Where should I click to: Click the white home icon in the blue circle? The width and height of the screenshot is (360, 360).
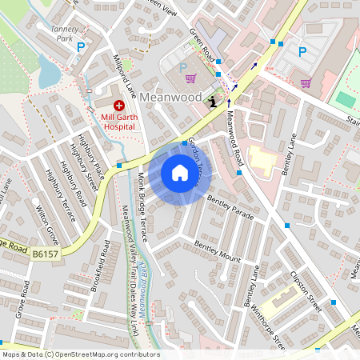point(180,173)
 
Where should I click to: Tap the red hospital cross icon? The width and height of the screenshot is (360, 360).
point(118,105)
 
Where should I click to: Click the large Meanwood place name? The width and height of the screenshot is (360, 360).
point(170,96)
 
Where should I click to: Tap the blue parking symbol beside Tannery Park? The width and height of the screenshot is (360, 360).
point(80,48)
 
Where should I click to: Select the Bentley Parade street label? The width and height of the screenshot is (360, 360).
point(230,206)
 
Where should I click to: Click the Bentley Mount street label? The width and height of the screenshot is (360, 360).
point(217,253)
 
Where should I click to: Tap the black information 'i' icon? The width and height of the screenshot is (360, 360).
point(212,101)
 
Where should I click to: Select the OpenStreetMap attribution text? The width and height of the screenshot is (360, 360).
point(80,354)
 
